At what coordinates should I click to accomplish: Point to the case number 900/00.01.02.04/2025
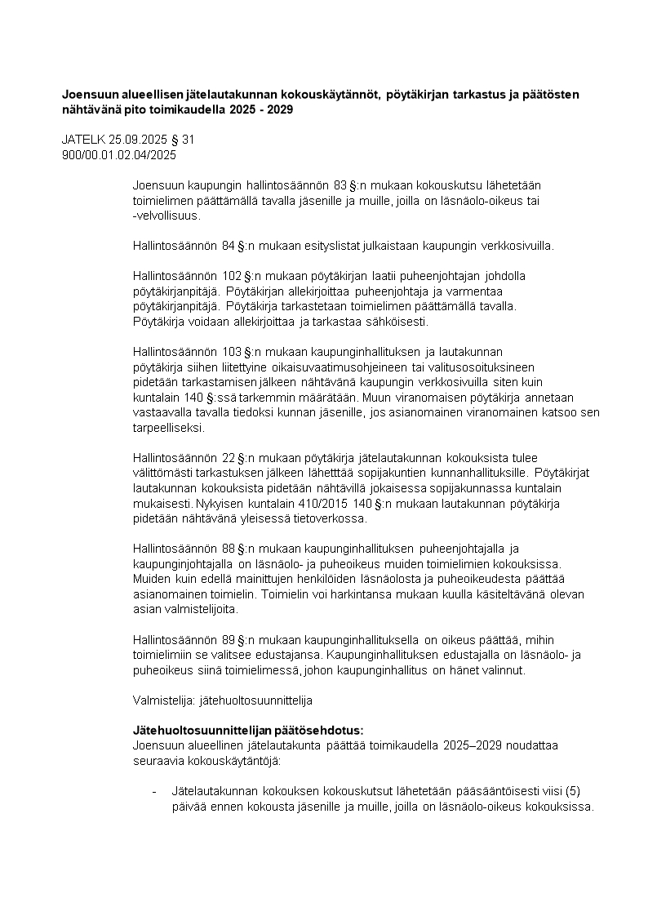[119, 153]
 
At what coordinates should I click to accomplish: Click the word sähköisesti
[396, 322]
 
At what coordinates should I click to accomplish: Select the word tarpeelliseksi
[169, 428]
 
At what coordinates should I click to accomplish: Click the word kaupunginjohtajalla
[182, 563]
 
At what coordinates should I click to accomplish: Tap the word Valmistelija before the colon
[162, 700]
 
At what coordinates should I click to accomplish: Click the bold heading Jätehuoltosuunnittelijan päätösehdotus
[248, 730]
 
